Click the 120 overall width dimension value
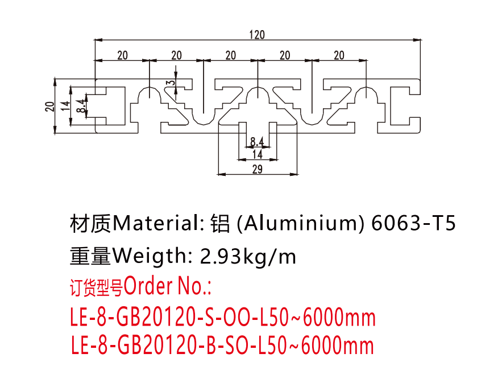click(257, 34)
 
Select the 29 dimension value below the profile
click(257, 168)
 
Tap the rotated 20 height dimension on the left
click(49, 105)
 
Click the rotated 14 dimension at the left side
click(65, 105)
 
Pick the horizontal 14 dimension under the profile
click(257, 154)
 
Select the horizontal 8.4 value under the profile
click(257, 141)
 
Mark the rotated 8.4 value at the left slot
click(80, 105)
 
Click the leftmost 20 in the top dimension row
click(122, 55)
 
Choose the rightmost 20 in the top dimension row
click(339, 55)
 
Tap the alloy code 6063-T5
click(413, 223)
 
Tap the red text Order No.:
click(168, 286)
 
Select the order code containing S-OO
click(223, 317)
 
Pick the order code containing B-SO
click(223, 346)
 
